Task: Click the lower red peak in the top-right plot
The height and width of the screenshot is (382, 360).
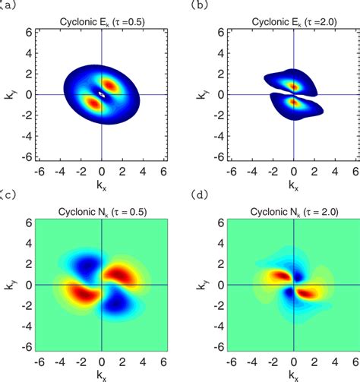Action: tap(294, 103)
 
